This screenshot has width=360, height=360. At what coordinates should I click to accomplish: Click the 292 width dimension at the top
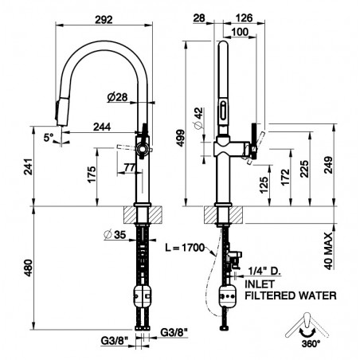(104, 20)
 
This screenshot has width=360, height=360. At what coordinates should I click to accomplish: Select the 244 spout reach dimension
(102, 127)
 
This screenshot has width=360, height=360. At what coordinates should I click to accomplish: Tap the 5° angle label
(49, 138)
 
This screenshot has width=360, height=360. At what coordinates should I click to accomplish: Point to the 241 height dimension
(29, 166)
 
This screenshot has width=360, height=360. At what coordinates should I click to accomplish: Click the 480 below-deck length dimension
(29, 268)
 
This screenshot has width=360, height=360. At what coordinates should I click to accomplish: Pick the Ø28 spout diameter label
(118, 97)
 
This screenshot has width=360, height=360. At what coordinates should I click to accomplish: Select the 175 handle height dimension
(92, 174)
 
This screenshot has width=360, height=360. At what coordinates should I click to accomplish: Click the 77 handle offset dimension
(130, 167)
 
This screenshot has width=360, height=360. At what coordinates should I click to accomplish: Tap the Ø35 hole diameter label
(115, 234)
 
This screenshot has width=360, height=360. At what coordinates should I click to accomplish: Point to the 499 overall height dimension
(181, 138)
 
